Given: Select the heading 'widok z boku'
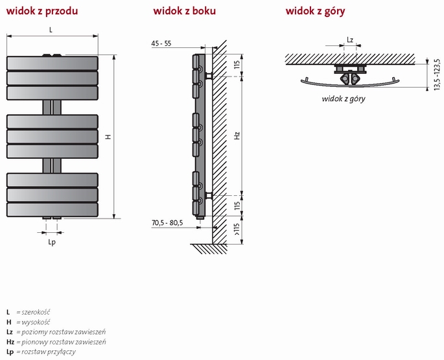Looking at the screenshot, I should point(185,11).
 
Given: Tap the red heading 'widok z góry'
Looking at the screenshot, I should point(315,11).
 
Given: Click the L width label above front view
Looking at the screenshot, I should point(51,30).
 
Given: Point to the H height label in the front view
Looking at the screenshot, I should point(108,137).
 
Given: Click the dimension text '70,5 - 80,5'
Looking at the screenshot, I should point(167,223).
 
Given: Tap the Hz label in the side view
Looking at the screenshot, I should point(237,137).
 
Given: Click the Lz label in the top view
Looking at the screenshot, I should point(350,40).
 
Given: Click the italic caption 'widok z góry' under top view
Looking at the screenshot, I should point(344,99).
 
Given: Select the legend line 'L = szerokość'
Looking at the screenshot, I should point(28,312).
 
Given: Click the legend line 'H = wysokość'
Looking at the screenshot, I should point(29,322).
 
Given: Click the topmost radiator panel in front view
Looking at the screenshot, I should point(52,64).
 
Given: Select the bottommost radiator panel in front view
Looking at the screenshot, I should point(52,210).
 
